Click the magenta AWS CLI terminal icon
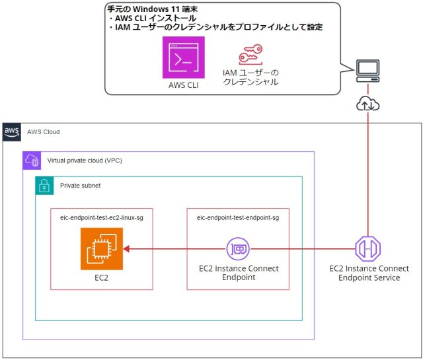(x=183, y=57)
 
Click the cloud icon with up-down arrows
(x=367, y=104)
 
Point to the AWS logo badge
(x=13, y=131)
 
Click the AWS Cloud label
(x=44, y=132)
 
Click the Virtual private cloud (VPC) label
(x=84, y=161)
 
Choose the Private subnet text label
(x=82, y=186)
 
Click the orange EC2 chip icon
(x=102, y=249)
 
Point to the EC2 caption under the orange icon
(x=102, y=280)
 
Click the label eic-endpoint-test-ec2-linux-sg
(x=102, y=217)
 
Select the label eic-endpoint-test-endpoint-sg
(x=238, y=217)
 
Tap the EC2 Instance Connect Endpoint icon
(x=238, y=249)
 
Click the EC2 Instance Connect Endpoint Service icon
(x=368, y=249)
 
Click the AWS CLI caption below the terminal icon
(x=183, y=85)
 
